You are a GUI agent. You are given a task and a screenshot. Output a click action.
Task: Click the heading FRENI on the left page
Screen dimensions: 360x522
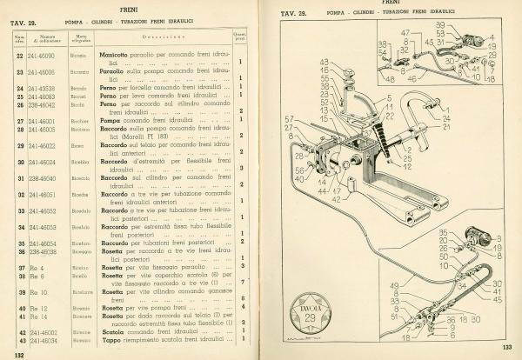tap(135, 9)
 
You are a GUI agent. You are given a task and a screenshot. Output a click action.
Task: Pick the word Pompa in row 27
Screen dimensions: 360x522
tap(110, 121)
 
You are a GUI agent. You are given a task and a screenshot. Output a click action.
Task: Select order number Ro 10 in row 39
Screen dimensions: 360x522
tap(40, 292)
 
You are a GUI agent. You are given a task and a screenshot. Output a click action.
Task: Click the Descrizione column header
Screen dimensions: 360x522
tap(164, 37)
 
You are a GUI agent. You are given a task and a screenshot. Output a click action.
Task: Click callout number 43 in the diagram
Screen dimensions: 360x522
tap(324, 62)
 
